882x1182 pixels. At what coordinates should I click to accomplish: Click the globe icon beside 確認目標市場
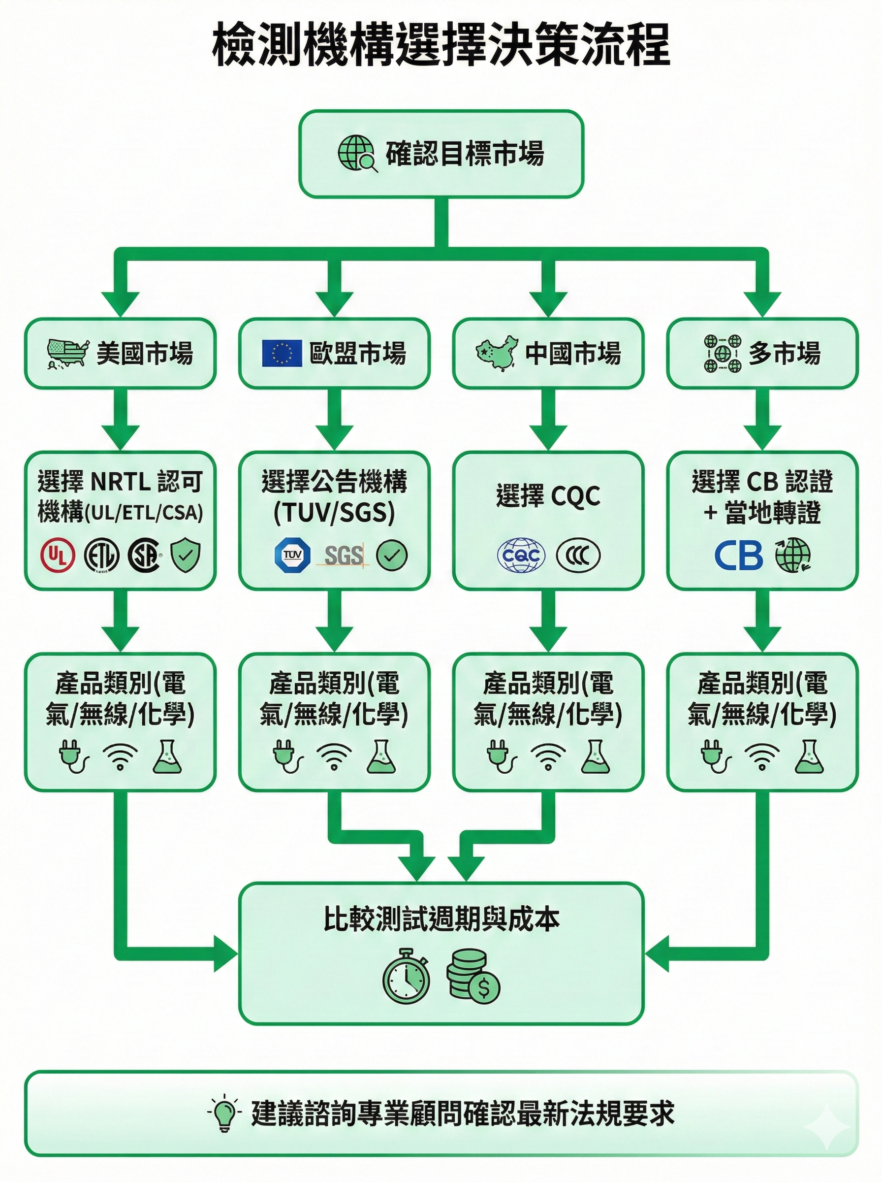[x=357, y=154]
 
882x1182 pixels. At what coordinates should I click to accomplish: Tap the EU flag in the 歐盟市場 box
[x=282, y=353]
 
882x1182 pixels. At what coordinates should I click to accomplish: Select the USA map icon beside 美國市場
[x=68, y=353]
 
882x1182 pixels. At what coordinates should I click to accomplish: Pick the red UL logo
[x=58, y=556]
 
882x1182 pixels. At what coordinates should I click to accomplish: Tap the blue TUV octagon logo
[x=292, y=556]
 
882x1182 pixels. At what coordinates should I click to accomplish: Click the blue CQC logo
[x=521, y=556]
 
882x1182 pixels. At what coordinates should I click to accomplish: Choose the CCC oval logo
[x=578, y=556]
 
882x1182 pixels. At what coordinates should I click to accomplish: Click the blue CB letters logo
[x=738, y=556]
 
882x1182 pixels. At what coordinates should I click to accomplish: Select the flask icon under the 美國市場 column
[x=167, y=757]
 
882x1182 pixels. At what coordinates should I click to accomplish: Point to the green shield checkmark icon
[x=186, y=556]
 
